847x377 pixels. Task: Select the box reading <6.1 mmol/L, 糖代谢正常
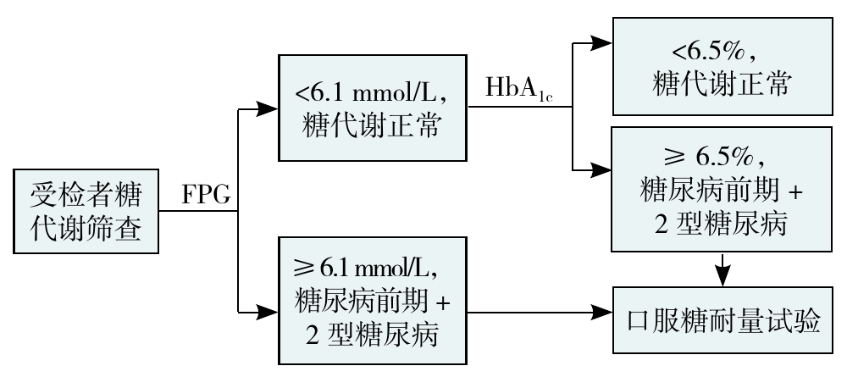pos(371,108)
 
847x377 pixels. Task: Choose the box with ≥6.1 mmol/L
pos(371,298)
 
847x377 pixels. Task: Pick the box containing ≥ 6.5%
pos(722,191)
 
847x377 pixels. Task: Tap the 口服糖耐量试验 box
pos(722,319)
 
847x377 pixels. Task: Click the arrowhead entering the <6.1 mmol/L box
pos(266,108)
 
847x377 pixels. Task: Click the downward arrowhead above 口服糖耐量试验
pos(722,275)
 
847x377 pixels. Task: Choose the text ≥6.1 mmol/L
pos(371,270)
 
